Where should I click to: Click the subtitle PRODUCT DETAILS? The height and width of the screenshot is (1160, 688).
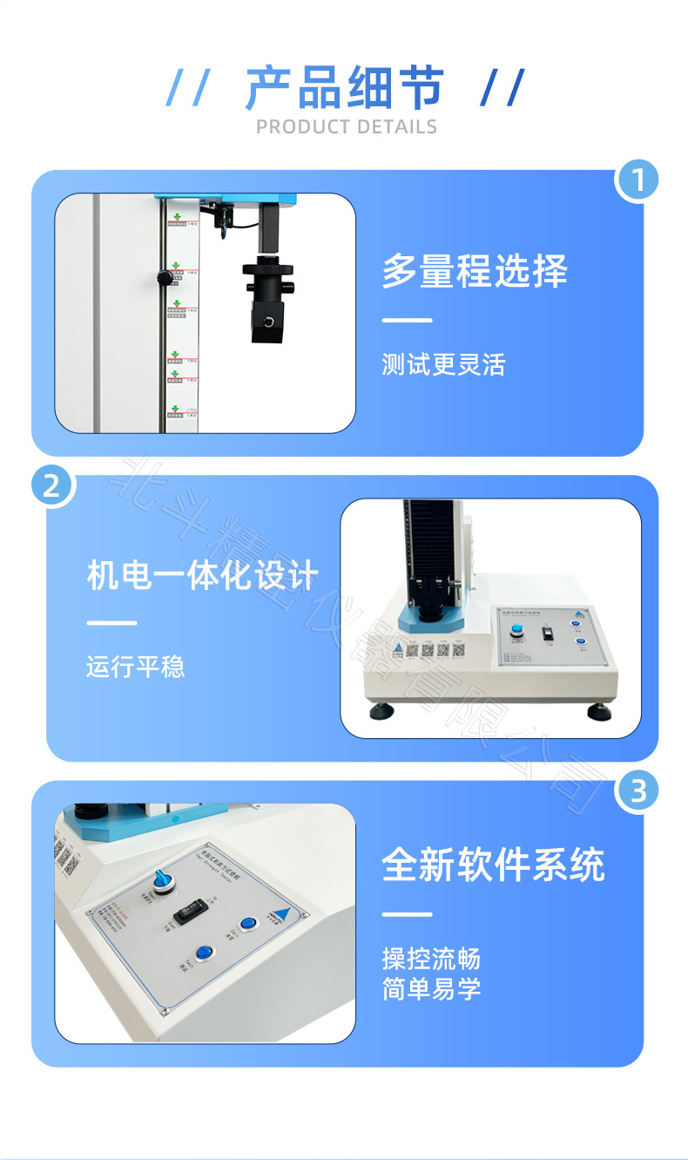[x=347, y=127]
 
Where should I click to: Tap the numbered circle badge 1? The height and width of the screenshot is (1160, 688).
[x=637, y=181]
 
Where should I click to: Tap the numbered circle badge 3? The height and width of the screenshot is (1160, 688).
[x=637, y=791]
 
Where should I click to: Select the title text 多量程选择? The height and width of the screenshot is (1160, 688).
[x=475, y=271]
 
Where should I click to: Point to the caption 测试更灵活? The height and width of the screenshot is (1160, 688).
[x=443, y=364]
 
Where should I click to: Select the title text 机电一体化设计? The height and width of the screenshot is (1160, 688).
[x=203, y=576]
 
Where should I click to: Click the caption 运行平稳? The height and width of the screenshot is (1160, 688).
[x=136, y=668]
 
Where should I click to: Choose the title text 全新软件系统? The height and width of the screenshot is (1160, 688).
[x=493, y=865]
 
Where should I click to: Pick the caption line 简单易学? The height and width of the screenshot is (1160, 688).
[x=431, y=989]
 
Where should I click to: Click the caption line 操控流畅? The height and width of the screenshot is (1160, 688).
[x=431, y=960]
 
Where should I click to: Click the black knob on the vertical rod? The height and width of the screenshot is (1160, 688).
[x=164, y=278]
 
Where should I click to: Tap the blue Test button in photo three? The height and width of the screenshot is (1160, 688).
[x=205, y=954]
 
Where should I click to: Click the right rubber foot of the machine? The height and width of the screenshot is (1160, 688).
[x=598, y=712]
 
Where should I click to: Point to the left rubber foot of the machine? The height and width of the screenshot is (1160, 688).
[x=381, y=711]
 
